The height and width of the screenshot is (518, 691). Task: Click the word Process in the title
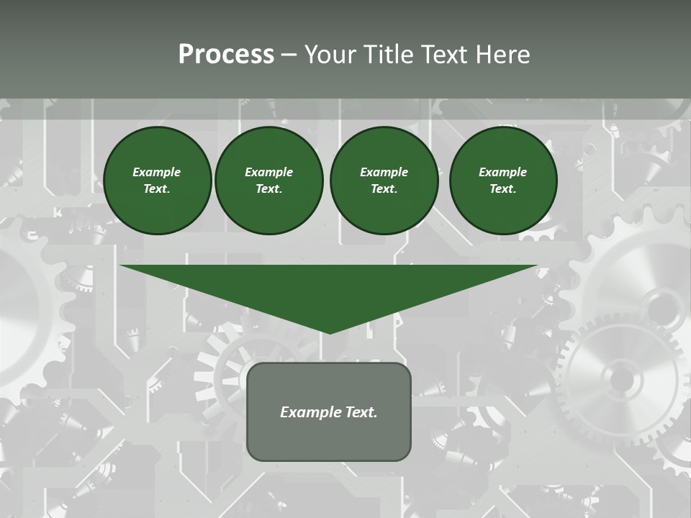click(x=226, y=55)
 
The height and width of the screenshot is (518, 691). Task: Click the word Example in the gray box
click(x=310, y=412)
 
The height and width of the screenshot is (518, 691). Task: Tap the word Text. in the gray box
click(x=361, y=412)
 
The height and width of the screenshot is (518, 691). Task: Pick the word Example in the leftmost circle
click(x=157, y=172)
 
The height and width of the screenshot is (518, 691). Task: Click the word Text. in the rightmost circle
click(x=502, y=189)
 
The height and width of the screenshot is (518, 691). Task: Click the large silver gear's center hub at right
click(x=622, y=378)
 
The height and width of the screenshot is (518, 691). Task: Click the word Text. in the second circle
click(x=268, y=189)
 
